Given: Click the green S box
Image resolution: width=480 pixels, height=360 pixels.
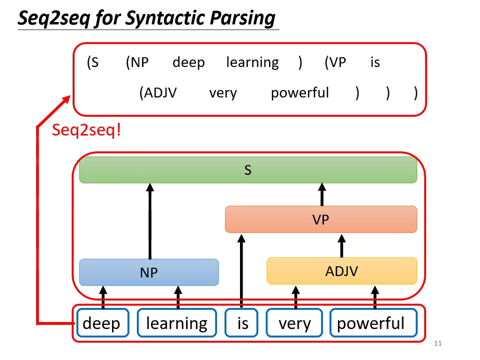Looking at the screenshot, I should (x=248, y=170).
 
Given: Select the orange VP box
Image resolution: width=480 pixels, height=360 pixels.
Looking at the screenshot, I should (x=320, y=219).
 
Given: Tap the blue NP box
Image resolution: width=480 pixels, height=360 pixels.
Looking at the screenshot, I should (x=149, y=272).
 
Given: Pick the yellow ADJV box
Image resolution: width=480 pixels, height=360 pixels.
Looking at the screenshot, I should (x=341, y=271).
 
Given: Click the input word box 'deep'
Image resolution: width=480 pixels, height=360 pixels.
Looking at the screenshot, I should (x=101, y=323).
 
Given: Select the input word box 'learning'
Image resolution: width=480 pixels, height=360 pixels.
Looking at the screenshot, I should (x=176, y=323).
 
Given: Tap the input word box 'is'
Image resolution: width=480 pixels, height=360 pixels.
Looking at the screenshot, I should (x=242, y=323).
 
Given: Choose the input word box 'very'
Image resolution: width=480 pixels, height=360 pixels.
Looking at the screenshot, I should (x=294, y=323).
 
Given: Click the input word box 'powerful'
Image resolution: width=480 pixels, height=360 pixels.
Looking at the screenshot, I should (x=370, y=323).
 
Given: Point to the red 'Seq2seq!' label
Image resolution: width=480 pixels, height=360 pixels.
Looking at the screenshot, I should (x=86, y=130).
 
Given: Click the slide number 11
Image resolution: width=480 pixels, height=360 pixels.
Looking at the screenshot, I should (x=438, y=343).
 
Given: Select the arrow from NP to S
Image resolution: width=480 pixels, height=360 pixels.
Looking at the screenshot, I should (x=149, y=220).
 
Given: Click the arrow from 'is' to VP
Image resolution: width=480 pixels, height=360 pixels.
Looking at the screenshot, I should (x=241, y=270).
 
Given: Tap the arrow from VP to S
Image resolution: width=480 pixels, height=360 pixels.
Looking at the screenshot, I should (x=322, y=194).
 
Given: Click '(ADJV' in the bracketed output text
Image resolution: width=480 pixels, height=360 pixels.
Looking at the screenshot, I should (x=157, y=93).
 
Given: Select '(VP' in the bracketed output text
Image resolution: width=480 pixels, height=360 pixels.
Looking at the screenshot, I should (x=335, y=62).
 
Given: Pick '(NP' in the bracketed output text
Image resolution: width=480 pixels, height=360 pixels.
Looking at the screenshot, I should (x=137, y=62).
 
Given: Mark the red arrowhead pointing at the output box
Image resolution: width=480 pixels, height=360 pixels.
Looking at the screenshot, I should (x=66, y=100).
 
